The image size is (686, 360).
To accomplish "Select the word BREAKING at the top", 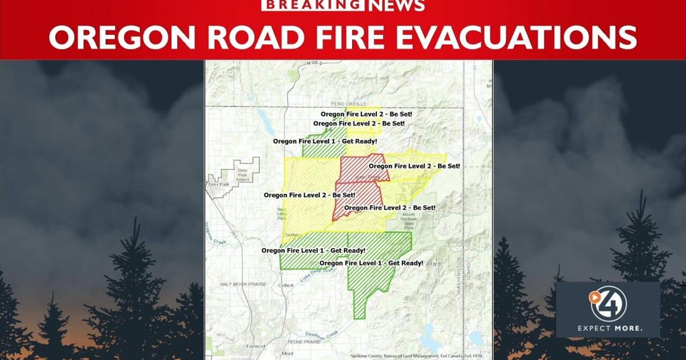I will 312,6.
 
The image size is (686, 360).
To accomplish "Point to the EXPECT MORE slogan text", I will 609,329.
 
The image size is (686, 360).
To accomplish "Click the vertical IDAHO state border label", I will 467,268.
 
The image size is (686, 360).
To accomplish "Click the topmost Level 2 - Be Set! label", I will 366,114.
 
